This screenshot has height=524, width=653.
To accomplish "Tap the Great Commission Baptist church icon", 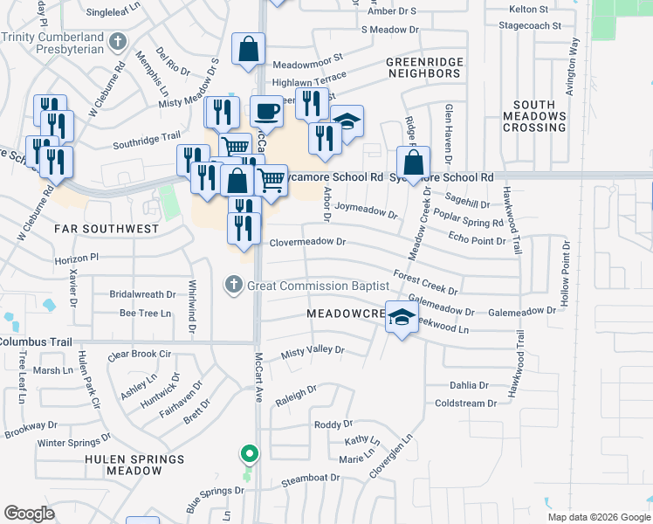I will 233,285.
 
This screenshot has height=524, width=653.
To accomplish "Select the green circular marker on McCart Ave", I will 250,454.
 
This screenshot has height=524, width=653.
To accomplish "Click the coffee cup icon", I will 267,112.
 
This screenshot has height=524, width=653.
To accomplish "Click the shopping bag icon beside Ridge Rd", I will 413,162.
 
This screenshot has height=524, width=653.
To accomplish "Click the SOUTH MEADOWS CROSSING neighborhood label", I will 535,116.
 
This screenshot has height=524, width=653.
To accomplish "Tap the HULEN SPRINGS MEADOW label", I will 134,465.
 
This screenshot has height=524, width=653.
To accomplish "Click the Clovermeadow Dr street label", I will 308,242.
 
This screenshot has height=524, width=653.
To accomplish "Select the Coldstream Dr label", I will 465,403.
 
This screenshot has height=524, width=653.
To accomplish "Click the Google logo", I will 29,514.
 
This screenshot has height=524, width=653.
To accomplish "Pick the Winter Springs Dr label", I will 73,443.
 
